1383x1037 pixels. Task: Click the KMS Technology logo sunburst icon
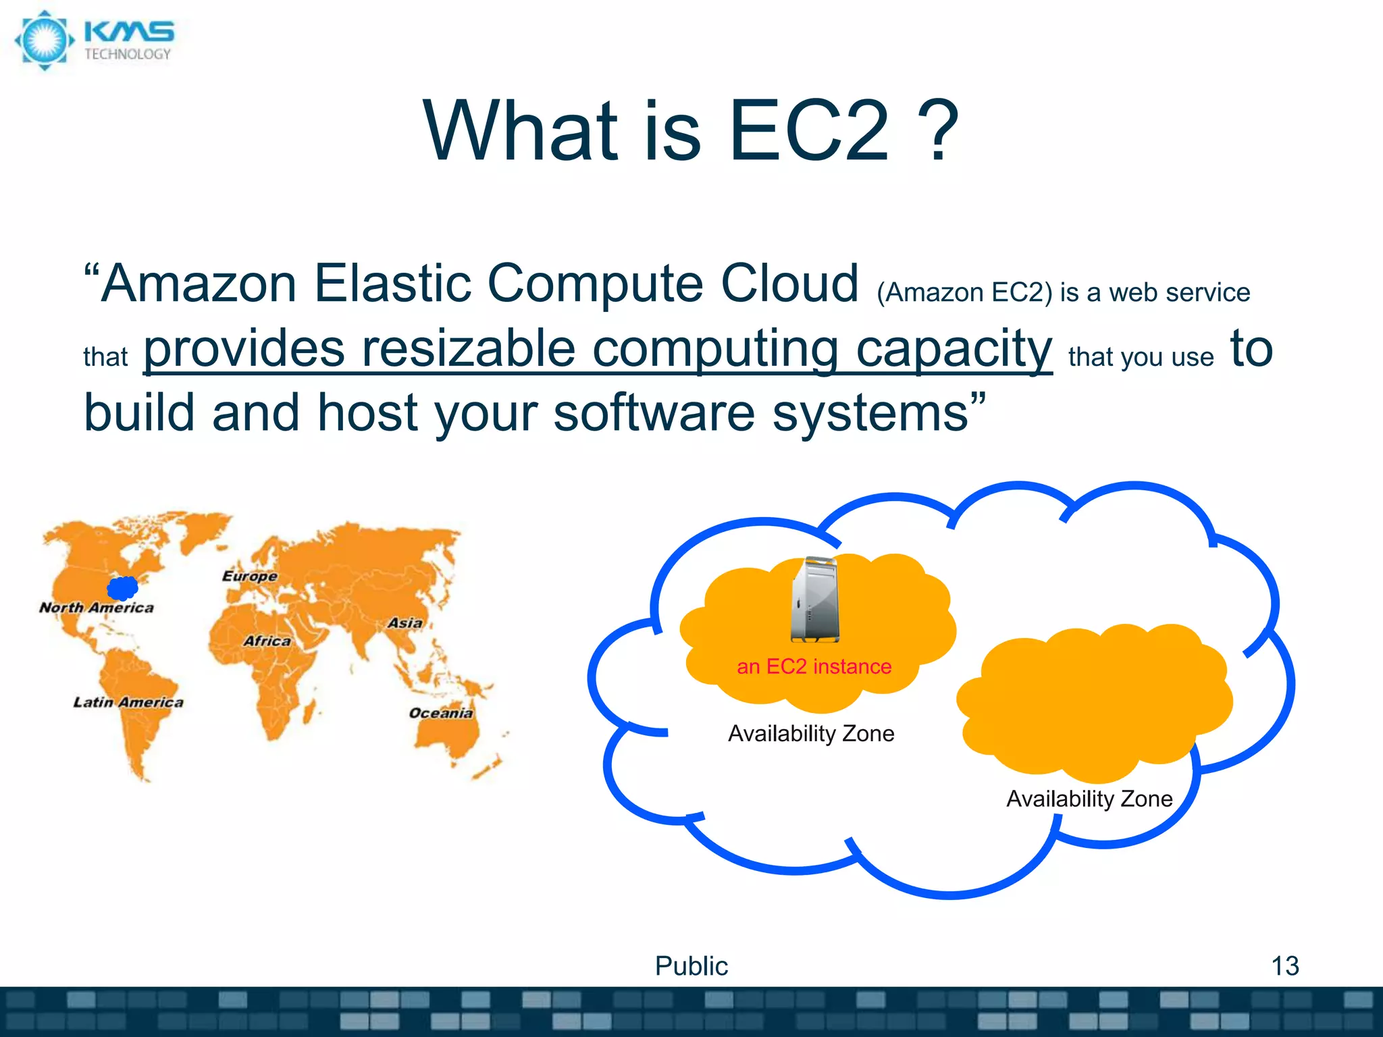[x=45, y=41]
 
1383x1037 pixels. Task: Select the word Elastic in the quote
[x=392, y=284]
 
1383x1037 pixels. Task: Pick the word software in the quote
[x=654, y=413]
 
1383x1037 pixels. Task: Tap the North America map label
[x=97, y=608]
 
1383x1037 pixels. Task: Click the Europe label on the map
[x=250, y=576]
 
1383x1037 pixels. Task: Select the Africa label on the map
[x=267, y=641]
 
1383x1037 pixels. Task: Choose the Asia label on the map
[x=405, y=622]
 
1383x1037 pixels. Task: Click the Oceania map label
[x=441, y=713]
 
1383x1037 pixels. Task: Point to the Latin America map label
[x=128, y=702]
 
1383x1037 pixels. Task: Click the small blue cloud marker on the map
[x=123, y=587]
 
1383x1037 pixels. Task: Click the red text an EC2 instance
[x=814, y=666]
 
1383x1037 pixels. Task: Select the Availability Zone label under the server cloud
[x=811, y=733]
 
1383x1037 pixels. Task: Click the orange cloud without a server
[x=1094, y=702]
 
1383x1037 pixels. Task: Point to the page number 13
[x=1284, y=965]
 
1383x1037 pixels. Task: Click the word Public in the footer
[x=691, y=965]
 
